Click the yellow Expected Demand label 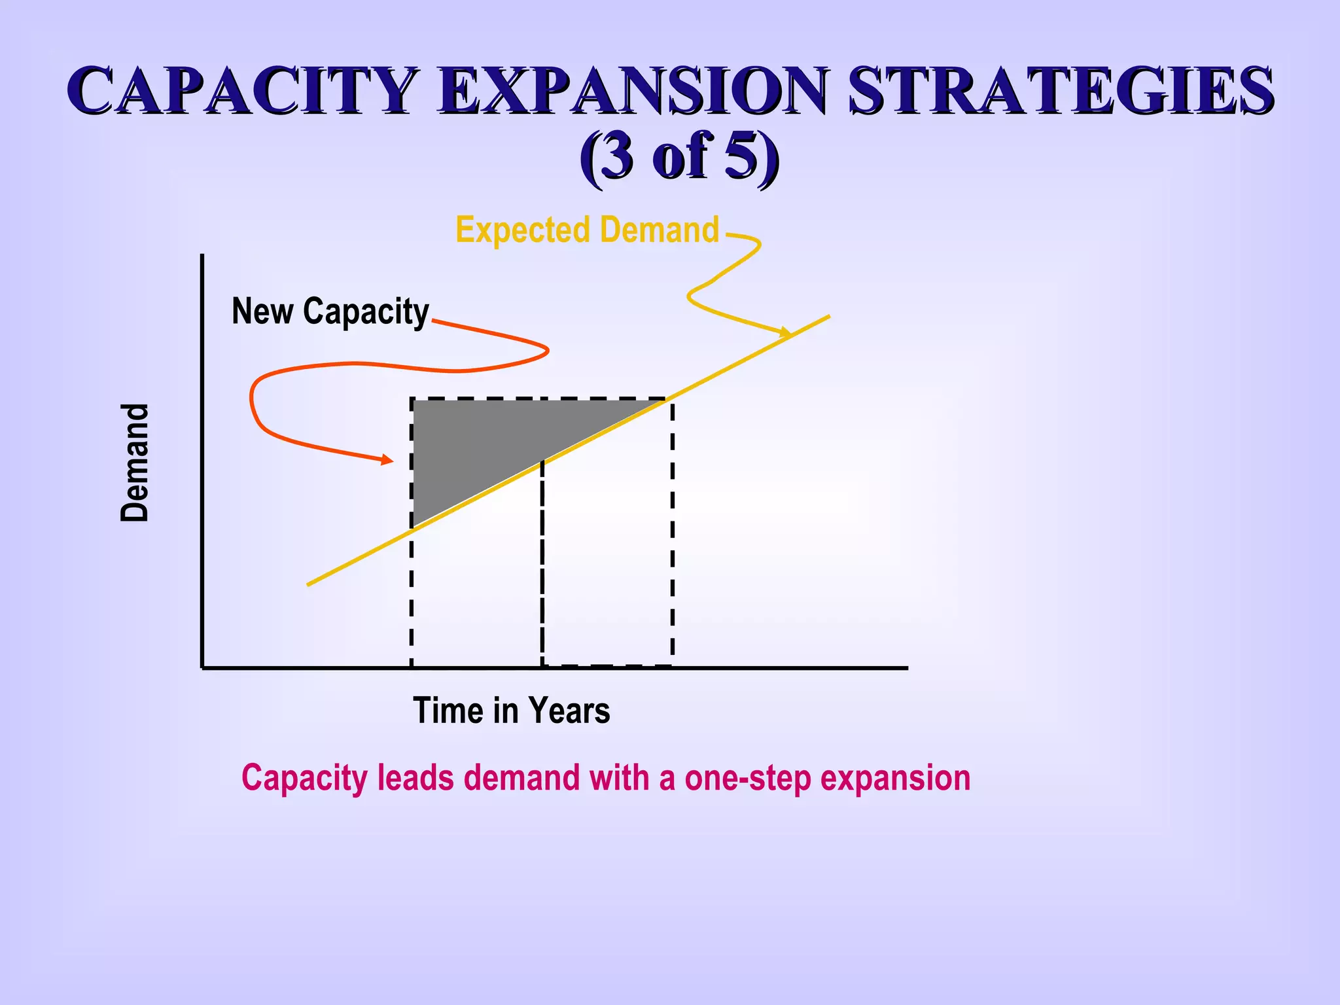pos(587,230)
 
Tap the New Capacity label pos(330,311)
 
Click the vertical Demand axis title pos(135,463)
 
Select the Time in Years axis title pos(511,711)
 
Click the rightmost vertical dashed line pos(672,537)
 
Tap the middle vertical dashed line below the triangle pos(542,563)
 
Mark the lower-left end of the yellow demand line pos(309,584)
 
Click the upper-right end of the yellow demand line pos(828,317)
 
